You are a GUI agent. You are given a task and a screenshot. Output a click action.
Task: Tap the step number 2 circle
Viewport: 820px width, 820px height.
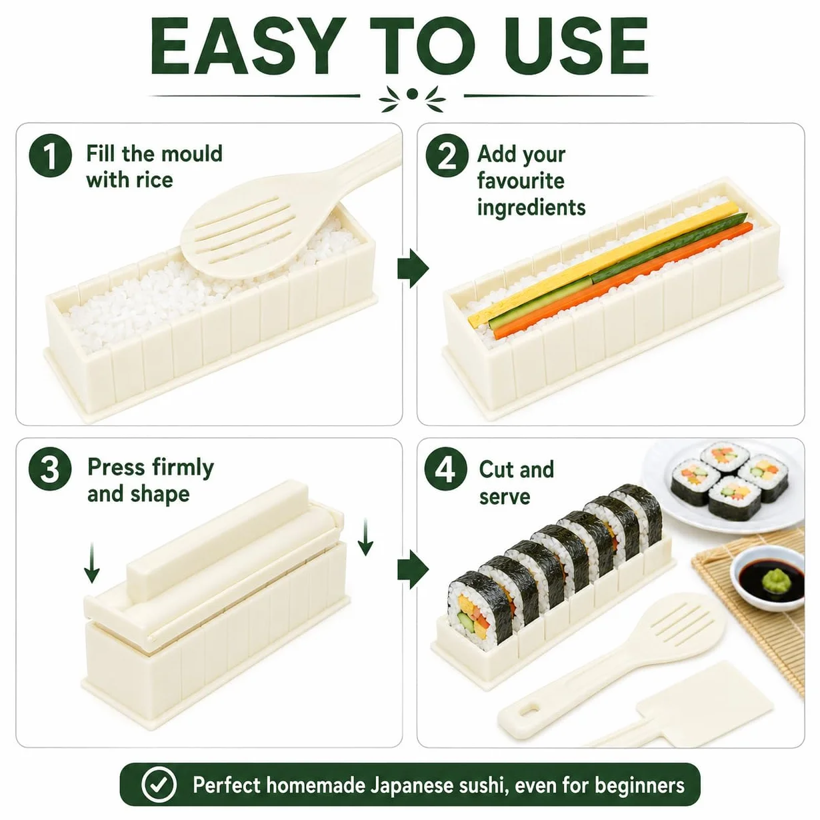(x=447, y=155)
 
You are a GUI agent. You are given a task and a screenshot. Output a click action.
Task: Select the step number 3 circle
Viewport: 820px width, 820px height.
(x=50, y=469)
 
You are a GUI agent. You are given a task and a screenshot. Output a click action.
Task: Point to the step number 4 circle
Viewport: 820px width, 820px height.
(x=446, y=469)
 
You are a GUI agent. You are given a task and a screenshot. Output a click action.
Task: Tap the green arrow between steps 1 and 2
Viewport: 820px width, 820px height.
(x=413, y=269)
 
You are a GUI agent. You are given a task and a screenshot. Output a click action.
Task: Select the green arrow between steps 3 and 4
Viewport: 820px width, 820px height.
(x=413, y=569)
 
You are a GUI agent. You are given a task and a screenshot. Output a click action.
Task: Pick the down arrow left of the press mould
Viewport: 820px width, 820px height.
(x=92, y=563)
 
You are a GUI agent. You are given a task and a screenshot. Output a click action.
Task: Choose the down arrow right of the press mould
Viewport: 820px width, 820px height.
(x=365, y=537)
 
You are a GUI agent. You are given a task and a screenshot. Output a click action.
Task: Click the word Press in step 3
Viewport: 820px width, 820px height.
(x=116, y=467)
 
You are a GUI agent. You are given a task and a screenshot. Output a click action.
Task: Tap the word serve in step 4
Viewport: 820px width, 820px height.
(x=505, y=497)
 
